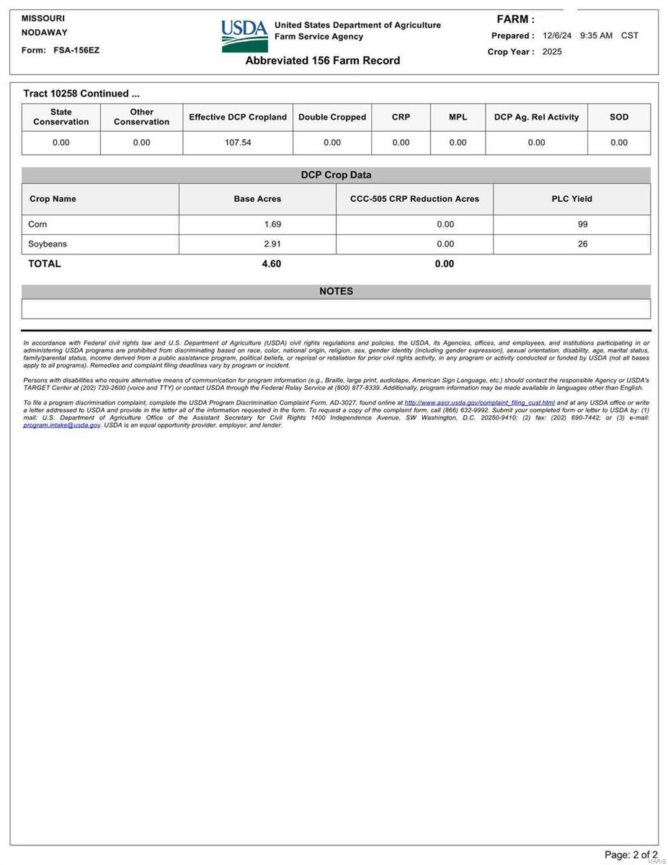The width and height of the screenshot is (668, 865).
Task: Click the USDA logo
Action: click(x=244, y=35)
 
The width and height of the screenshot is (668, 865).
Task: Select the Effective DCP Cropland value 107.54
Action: click(x=238, y=143)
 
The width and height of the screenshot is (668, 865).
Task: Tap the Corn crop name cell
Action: click(x=37, y=224)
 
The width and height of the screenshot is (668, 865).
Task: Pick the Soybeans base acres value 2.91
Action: click(x=272, y=244)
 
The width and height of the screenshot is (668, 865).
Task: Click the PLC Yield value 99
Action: click(x=582, y=224)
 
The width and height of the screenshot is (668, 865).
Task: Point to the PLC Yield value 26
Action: click(x=582, y=244)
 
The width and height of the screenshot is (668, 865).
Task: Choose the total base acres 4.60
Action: click(x=272, y=264)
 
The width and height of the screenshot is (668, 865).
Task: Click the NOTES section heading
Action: click(x=336, y=291)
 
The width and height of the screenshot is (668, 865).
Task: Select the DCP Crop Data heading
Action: click(x=336, y=175)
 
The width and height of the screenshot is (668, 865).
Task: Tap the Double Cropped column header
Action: click(x=332, y=117)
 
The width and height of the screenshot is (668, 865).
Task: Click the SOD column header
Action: click(x=619, y=117)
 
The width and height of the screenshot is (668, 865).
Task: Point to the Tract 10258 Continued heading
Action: click(x=81, y=94)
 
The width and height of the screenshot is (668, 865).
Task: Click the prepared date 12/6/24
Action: click(x=556, y=35)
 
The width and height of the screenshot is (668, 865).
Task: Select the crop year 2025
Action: click(x=552, y=52)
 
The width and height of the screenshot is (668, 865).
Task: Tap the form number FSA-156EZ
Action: click(x=76, y=50)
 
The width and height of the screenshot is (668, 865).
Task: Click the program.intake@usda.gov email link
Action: click(x=62, y=425)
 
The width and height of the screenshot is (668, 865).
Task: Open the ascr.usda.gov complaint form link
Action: click(x=480, y=402)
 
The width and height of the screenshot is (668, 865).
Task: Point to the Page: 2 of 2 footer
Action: click(x=631, y=855)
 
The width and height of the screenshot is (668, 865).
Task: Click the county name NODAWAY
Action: click(x=45, y=32)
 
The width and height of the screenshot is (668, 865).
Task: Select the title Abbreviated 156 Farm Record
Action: click(x=322, y=61)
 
